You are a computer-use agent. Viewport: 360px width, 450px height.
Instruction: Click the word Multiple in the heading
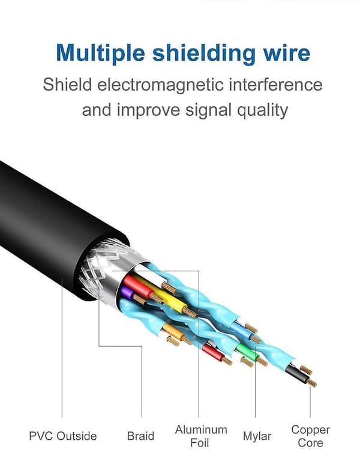pos(100,53)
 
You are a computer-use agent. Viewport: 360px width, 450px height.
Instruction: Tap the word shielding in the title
pos(203,53)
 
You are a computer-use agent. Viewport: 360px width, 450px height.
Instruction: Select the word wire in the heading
pos(287,53)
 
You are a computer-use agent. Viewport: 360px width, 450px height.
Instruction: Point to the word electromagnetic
pos(160,85)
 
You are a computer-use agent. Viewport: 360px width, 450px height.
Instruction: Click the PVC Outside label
pos(63,436)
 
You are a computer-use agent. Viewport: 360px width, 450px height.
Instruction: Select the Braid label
pos(140,436)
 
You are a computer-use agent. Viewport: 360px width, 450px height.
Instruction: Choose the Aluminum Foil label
pos(201,436)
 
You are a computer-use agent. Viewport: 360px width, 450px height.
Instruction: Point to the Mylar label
pos(257,436)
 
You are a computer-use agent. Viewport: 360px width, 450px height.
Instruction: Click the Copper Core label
pos(310,436)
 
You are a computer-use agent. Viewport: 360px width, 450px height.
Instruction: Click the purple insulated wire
pos(127,292)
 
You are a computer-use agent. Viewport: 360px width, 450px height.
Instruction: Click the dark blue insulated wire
pos(243,329)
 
